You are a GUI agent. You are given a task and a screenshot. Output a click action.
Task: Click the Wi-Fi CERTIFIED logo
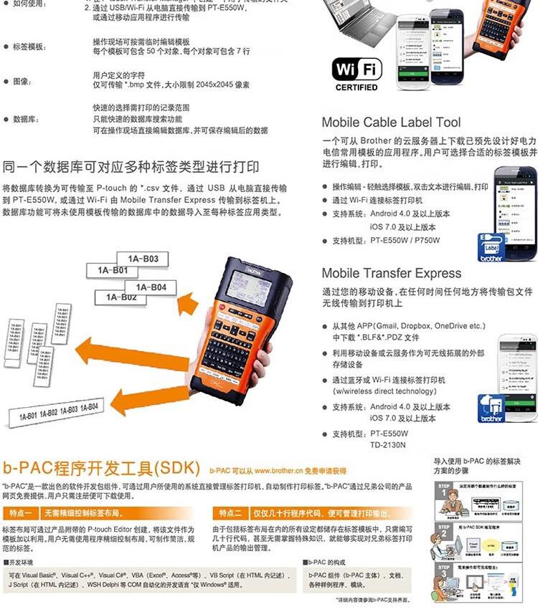(357, 74)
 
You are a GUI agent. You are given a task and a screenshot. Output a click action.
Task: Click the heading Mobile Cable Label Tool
(391, 123)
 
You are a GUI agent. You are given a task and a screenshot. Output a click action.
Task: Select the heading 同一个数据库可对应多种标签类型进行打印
(131, 168)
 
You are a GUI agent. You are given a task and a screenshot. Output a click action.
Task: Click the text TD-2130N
(388, 444)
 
